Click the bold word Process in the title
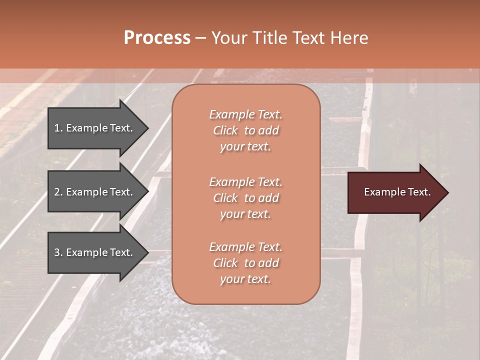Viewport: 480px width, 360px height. click(157, 38)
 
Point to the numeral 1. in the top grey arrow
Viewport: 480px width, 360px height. click(58, 128)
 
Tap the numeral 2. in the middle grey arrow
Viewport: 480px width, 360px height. click(58, 192)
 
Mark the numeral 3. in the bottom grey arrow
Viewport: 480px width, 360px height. click(58, 252)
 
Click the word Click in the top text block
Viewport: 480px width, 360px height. click(225, 130)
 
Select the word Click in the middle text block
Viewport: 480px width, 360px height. click(225, 198)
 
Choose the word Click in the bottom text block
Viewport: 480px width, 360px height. click(225, 263)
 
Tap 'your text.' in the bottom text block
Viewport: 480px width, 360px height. click(245, 279)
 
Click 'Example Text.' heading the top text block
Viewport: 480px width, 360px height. click(245, 114)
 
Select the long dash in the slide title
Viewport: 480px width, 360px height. click(200, 38)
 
